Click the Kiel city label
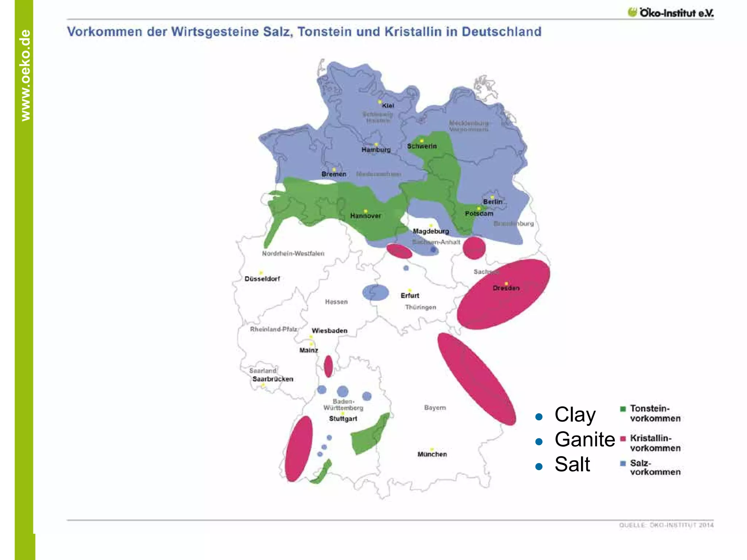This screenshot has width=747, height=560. click(388, 106)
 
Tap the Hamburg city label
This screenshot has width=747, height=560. click(376, 150)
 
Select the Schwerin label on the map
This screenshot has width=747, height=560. click(422, 146)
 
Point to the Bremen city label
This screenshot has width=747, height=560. click(334, 174)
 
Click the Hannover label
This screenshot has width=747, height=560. click(365, 216)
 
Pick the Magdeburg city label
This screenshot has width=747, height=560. click(431, 231)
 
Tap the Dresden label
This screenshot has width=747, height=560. click(506, 288)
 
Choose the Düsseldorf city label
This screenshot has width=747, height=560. click(262, 279)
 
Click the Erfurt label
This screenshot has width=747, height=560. click(410, 296)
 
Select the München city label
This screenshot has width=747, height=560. click(432, 454)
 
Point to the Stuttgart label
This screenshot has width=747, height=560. click(343, 419)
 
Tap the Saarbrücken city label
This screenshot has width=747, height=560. click(273, 379)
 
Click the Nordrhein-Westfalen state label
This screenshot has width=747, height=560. click(293, 253)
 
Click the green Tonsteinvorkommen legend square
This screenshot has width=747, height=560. click(623, 409)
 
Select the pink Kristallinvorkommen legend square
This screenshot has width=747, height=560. click(623, 439)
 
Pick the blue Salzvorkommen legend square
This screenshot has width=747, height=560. click(623, 463)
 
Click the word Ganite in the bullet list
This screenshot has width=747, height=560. click(585, 439)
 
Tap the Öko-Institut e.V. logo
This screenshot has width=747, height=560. click(670, 13)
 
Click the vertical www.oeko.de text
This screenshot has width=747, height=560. click(25, 75)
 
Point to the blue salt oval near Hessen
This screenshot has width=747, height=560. click(375, 292)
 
